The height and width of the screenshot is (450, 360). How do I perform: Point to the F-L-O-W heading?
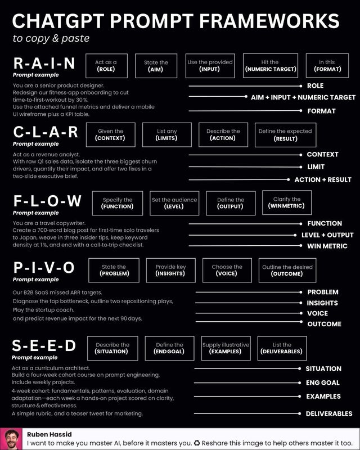[x=47, y=201]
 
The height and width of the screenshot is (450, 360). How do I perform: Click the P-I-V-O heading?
[x=44, y=268]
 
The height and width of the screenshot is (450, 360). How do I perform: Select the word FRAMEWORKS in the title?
[x=269, y=21]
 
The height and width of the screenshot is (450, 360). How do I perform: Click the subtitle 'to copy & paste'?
[x=51, y=38]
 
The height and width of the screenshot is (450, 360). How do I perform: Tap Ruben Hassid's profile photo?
[x=11, y=439]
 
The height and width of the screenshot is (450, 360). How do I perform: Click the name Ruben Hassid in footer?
[x=49, y=434]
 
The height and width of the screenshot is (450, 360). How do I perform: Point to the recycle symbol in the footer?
[x=197, y=443]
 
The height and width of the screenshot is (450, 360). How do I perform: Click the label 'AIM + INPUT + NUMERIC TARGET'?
[x=303, y=97]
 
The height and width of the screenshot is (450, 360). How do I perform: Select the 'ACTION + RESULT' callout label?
[x=323, y=179]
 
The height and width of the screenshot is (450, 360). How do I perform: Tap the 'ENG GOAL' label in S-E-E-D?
[x=323, y=382]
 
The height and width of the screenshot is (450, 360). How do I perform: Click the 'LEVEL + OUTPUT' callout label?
[x=327, y=235]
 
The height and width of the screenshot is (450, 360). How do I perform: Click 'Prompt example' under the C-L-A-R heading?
[x=35, y=144]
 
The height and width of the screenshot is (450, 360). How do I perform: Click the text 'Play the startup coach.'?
[x=43, y=310]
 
